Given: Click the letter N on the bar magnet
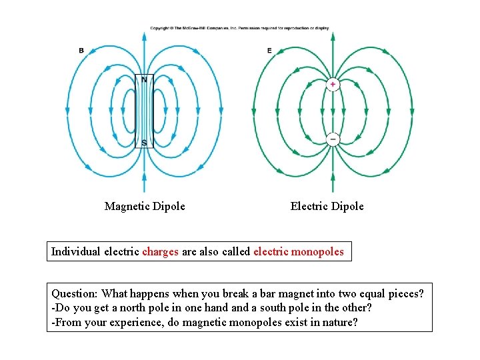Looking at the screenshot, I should [144, 80].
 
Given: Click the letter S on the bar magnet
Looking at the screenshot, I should [144, 143].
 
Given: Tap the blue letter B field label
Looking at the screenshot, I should [81, 51].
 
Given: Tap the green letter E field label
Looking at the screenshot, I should [269, 51].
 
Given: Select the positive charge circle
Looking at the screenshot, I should [333, 85].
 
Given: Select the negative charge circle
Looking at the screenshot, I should [333, 139].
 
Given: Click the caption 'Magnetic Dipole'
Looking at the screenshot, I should [145, 207].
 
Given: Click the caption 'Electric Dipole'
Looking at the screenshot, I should [327, 207].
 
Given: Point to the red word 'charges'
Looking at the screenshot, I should [160, 252].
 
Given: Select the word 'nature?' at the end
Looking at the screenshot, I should [341, 322].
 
